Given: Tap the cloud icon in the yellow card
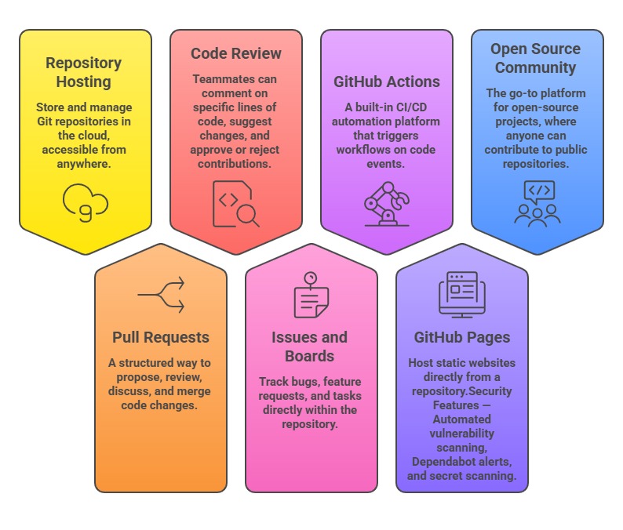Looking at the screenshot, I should coord(85,203).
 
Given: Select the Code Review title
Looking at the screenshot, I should coord(235,54).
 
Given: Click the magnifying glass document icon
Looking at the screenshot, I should coord(235,203).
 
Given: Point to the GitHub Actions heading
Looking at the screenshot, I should coord(387,82).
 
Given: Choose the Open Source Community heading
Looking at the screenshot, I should coord(537,58).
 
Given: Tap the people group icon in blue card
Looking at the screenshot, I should coord(537,203).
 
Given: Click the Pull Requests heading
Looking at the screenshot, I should coord(161,337).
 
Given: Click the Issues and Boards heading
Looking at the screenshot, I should coord(310,347).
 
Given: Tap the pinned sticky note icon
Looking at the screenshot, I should coord(310,296).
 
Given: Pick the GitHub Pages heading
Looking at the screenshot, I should coord(462,337).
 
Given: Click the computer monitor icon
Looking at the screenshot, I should coord(461,294).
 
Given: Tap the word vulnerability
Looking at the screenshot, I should coord(462,434).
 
